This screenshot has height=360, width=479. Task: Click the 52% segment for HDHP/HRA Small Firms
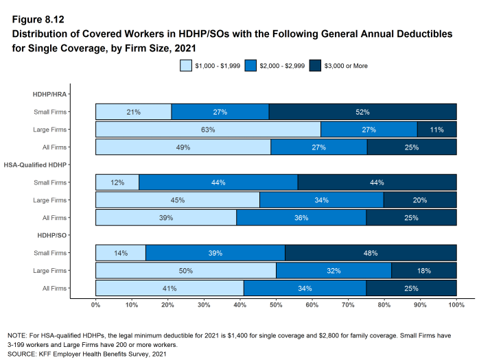362,112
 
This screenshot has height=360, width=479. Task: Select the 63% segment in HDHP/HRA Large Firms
208,130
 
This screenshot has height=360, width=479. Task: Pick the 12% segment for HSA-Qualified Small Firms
117,182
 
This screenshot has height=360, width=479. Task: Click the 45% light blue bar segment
178,200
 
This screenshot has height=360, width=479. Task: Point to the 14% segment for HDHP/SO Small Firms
121,253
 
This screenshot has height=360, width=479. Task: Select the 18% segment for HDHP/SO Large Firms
423,271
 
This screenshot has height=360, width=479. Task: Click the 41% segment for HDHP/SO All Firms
170,288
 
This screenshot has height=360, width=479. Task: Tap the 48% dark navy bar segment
371,253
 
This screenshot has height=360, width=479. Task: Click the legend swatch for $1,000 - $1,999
186,66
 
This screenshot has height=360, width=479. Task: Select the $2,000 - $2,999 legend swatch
250,66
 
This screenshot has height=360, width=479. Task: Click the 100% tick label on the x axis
456,304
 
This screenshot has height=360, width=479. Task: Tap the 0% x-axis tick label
95,304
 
